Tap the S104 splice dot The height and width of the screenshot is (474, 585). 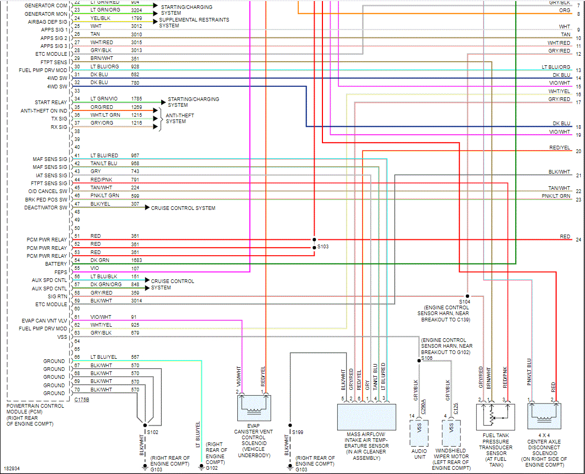click(467, 296)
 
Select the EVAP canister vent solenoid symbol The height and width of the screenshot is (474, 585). click(253, 407)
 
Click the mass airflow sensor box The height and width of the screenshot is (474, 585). click(365, 416)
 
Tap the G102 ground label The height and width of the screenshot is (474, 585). click(212, 468)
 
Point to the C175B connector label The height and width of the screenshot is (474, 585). click(81, 400)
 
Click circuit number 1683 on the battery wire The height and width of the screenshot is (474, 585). click(137, 260)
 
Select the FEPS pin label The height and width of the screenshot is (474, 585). click(61, 272)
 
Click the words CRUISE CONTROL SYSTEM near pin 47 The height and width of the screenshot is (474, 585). click(183, 208)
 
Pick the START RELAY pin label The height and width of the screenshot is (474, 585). click(51, 103)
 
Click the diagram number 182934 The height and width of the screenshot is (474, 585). click(12, 468)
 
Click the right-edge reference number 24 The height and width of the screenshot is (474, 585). click(578, 239)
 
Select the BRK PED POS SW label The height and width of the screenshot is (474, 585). click(46, 200)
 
